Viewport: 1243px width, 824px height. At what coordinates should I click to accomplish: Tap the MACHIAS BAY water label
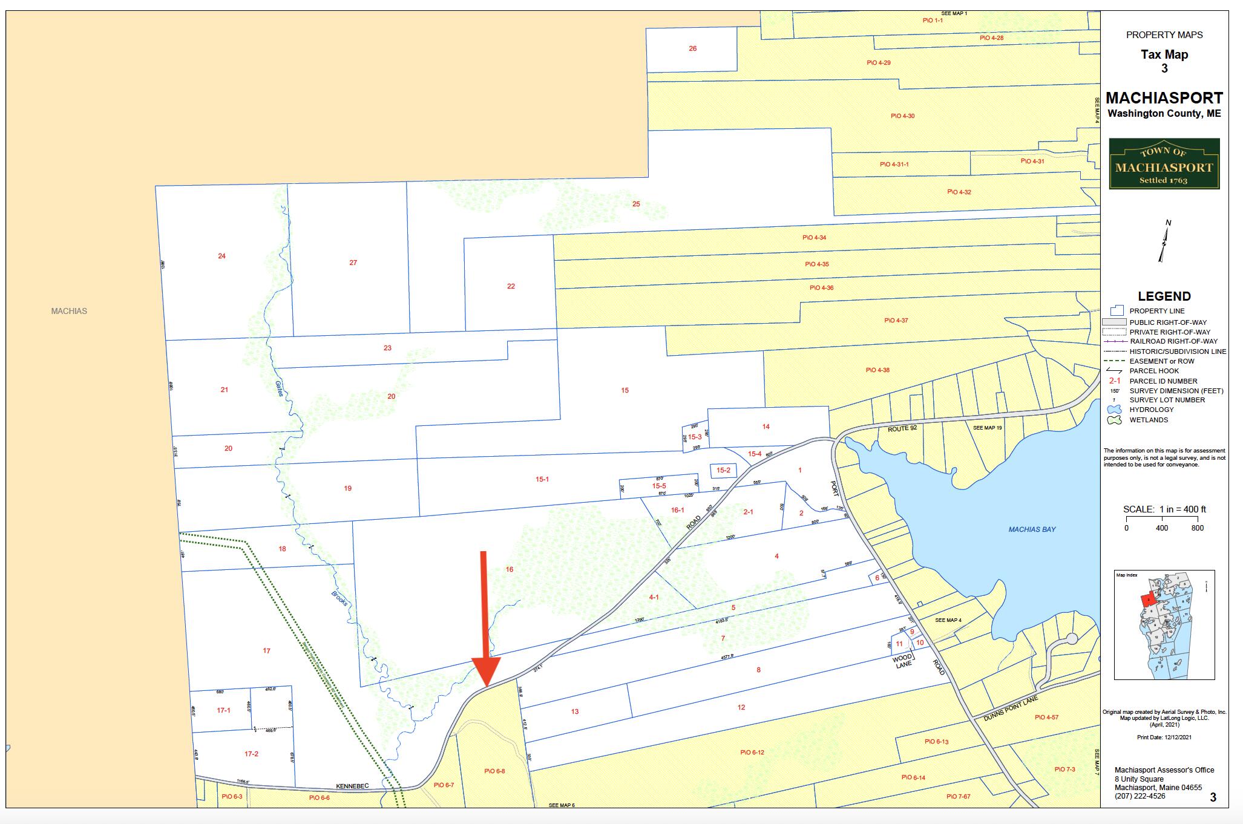coord(1032,529)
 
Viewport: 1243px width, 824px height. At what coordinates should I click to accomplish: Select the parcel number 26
coord(692,48)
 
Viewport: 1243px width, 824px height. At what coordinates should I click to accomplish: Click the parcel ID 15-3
coord(694,437)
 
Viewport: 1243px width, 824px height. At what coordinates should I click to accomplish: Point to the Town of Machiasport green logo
coord(1164,164)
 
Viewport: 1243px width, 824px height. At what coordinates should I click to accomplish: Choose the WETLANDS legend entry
coord(1148,420)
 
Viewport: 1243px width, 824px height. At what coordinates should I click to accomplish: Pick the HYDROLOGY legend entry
coord(1149,410)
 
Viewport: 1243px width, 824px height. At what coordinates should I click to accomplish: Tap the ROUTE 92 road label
coord(902,428)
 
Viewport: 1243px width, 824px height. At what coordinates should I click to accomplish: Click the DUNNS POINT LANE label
coord(1010,708)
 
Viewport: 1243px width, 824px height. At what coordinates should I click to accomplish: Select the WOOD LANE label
coord(902,661)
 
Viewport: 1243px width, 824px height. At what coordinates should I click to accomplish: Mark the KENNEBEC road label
coord(352,786)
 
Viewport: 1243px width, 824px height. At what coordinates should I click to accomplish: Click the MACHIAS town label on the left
coord(69,311)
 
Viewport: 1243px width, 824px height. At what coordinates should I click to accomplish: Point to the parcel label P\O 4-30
coord(902,116)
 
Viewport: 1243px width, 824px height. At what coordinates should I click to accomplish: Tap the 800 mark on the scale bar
coord(1196,528)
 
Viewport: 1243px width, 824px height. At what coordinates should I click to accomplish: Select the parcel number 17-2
coord(251,754)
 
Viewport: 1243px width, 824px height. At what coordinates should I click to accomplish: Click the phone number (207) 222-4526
coord(1140,796)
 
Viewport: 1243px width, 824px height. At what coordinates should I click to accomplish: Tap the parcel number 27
coord(353,263)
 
